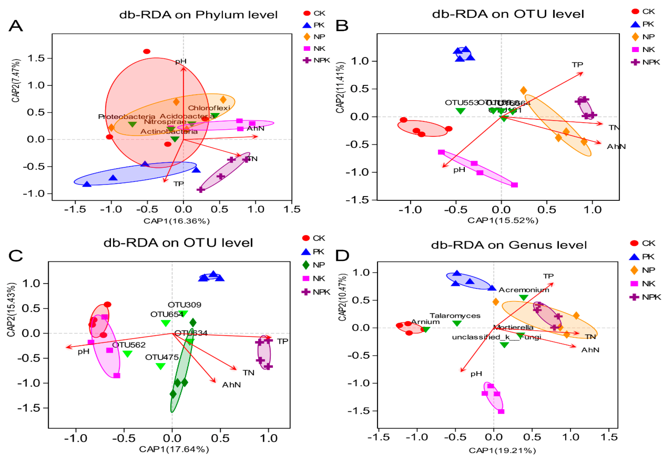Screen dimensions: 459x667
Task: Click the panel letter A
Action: coord(16,26)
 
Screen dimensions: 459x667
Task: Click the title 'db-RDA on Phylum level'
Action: coord(198,15)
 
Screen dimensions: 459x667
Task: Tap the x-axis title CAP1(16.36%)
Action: coord(176,221)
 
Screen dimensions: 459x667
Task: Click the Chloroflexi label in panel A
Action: coord(209,108)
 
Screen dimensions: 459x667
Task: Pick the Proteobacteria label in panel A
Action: coord(127,117)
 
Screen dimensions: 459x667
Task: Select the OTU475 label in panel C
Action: coord(162,357)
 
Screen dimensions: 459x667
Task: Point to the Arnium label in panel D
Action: coord(425,322)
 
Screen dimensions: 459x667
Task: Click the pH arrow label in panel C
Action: coord(83,351)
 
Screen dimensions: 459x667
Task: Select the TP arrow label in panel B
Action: coord(577,65)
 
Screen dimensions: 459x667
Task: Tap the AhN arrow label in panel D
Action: coord(590,350)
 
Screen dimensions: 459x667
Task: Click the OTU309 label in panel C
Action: coord(184,305)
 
